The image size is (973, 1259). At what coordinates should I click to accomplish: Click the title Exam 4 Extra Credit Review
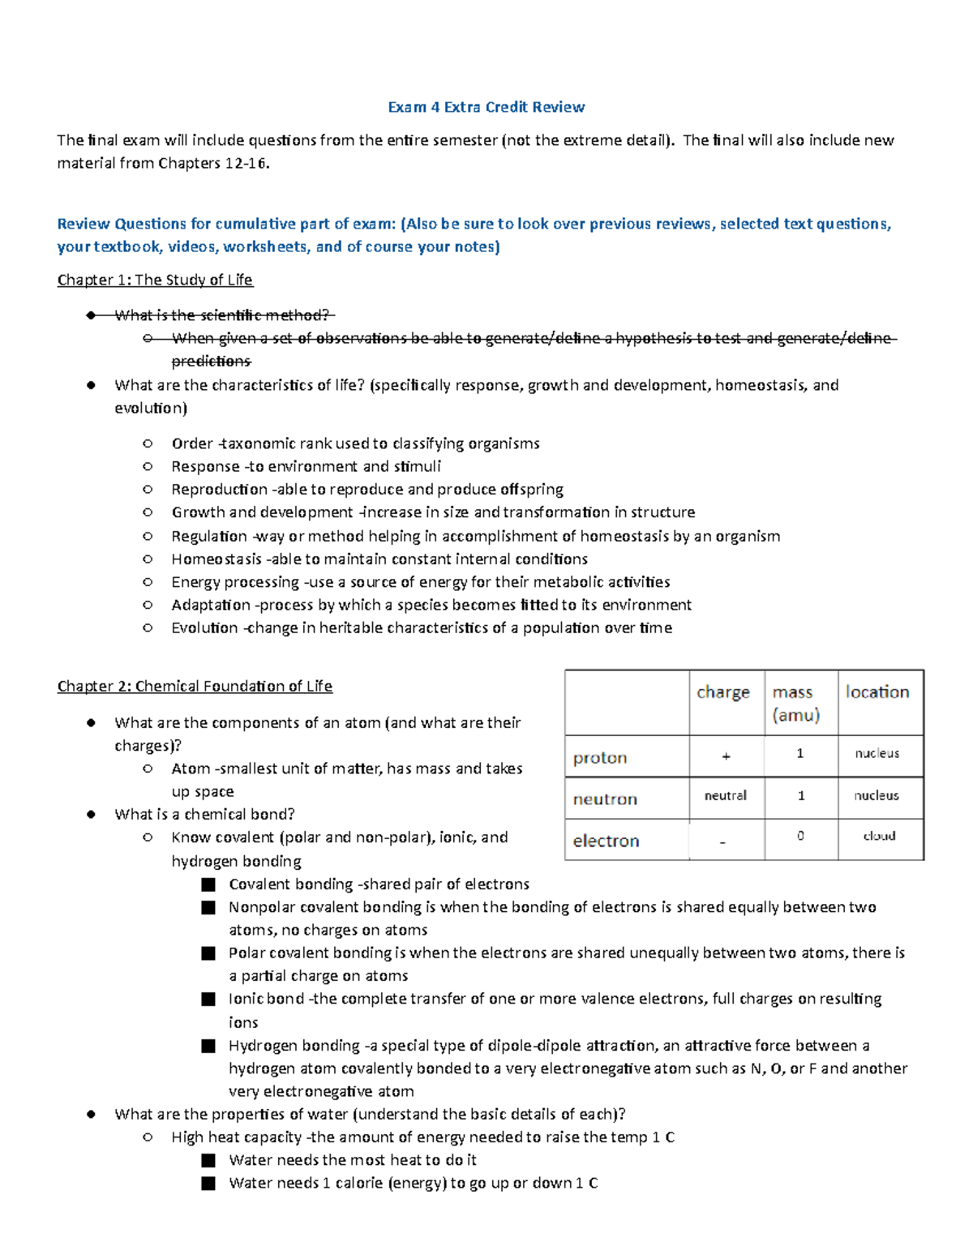[486, 107]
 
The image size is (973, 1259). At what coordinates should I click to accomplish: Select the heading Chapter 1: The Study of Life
[155, 280]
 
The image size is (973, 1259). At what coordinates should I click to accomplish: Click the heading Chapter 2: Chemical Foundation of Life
[195, 686]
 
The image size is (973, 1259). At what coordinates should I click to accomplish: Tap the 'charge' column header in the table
[722, 692]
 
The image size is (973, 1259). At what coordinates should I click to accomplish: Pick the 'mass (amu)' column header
[795, 703]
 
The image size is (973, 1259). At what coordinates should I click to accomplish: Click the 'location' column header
[877, 692]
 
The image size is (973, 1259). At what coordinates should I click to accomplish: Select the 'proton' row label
[600, 758]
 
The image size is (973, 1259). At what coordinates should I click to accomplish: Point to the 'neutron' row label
[605, 799]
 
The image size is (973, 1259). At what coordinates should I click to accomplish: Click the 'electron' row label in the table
[606, 841]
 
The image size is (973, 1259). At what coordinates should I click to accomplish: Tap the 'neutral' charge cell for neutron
[725, 796]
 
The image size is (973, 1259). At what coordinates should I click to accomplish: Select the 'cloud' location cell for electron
[879, 836]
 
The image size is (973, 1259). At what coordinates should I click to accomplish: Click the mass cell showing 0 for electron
[800, 836]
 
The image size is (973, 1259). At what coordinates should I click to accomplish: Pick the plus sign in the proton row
[726, 756]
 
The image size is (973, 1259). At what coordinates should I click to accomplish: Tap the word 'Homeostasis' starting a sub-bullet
[216, 559]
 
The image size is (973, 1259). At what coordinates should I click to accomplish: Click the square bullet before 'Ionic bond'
[208, 1000]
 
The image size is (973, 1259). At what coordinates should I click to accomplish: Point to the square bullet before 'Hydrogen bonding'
[208, 1047]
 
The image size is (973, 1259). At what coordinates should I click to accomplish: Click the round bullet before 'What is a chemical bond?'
[91, 815]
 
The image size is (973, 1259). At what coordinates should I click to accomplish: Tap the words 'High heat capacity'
[236, 1137]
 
